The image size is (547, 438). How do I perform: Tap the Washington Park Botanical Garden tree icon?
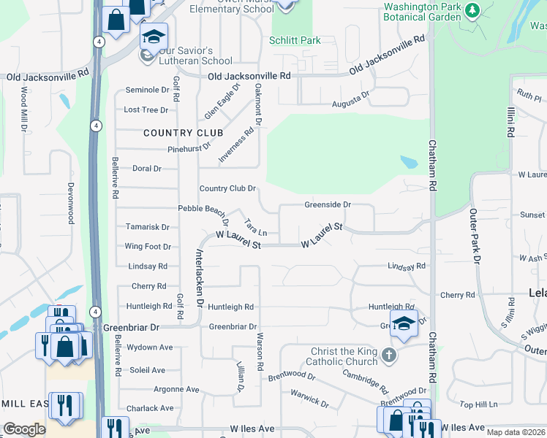(x=473, y=10)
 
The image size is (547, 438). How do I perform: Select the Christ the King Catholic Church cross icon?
(x=389, y=356)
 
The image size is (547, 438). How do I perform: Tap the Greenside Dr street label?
(x=328, y=205)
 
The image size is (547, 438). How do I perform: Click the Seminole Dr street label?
(x=147, y=90)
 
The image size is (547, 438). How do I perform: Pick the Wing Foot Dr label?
(x=148, y=247)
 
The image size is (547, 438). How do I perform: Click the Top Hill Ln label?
(x=478, y=404)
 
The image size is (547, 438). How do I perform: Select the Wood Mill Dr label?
(x=24, y=109)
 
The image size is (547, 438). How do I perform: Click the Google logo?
(x=24, y=429)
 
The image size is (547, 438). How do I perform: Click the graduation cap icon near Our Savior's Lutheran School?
(x=154, y=36)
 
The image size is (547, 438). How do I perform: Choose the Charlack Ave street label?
(x=150, y=408)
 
